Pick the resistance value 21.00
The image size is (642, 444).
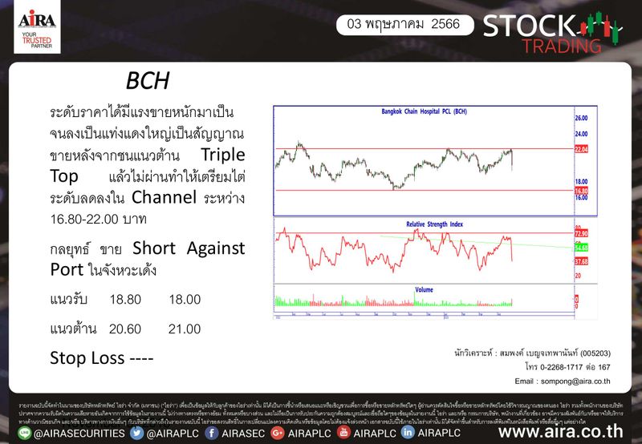[185, 329]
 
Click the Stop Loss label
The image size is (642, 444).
[101, 357]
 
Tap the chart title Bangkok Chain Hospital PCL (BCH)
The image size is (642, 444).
[424, 112]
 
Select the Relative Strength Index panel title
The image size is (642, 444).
[434, 225]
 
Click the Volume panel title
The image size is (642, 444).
[424, 289]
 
